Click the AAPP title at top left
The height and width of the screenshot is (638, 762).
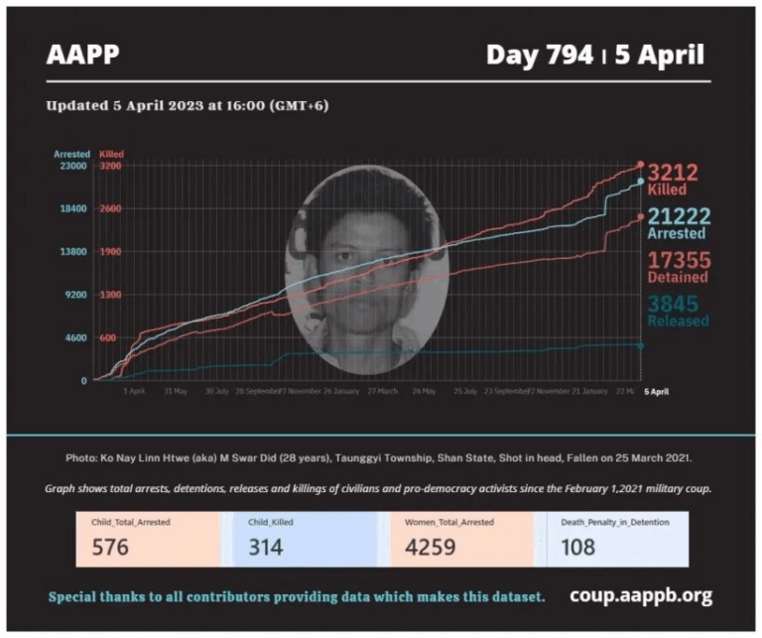coord(82,55)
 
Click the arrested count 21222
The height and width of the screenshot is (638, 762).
coord(678,216)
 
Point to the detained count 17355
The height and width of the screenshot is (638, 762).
coord(679,260)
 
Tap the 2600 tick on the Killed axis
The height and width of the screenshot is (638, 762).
coord(110,209)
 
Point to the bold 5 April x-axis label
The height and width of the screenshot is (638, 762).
coord(656,392)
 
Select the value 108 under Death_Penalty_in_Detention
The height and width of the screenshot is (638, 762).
coord(577,547)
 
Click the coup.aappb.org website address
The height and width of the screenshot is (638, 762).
coord(641,595)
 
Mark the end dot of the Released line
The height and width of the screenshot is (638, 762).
coord(640,345)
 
